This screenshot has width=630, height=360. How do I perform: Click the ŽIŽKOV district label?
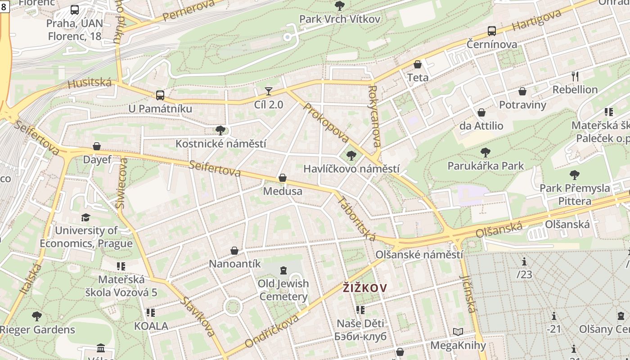pos(364,288)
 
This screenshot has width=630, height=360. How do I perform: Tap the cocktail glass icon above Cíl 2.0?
pos(269,91)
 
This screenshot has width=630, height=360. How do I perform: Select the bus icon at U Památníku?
pos(160,95)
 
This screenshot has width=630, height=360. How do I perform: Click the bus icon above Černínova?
pos(492,31)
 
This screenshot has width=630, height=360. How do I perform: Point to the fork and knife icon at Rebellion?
pos(575,76)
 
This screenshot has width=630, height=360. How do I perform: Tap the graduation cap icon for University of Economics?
pos(85,218)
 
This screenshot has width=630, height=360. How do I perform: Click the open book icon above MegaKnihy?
pos(458,332)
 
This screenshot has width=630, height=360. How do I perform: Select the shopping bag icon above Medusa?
pos(283,178)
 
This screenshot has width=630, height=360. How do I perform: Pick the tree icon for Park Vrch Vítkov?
pos(340,6)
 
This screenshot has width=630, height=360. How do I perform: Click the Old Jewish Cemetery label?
pos(283,290)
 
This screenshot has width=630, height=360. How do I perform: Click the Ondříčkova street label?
pos(272,331)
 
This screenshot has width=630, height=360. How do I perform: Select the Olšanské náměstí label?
pos(419,255)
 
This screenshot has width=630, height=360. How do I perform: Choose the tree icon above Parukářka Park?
pos(486,153)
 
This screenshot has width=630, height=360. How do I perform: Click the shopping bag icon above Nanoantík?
pos(234,251)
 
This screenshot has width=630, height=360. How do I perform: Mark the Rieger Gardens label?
pos(38,329)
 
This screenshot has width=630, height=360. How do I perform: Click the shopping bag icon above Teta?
pos(418,64)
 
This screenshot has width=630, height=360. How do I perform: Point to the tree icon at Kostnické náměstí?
pos(220,130)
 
